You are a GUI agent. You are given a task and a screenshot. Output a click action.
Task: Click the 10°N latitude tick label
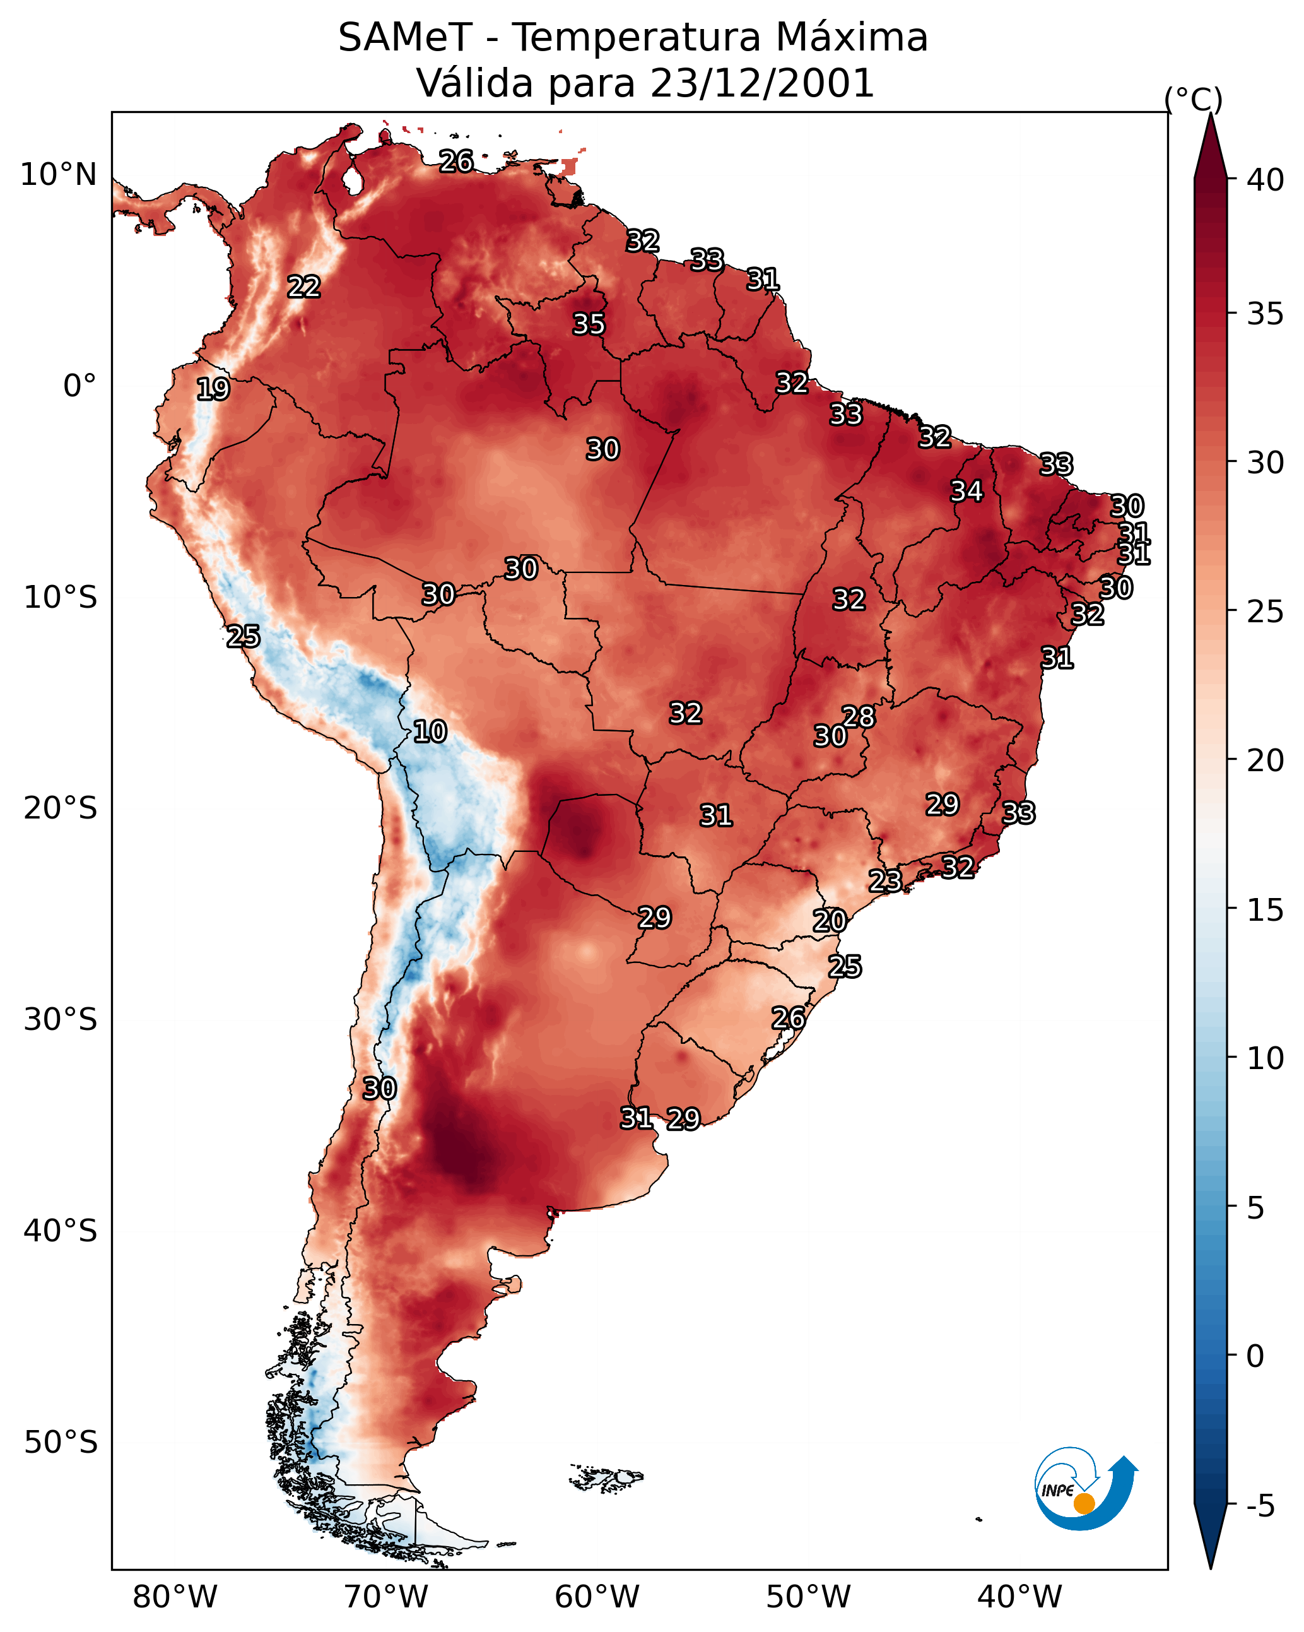[x=58, y=175]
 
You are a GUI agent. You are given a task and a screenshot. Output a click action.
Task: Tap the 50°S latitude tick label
[x=61, y=1442]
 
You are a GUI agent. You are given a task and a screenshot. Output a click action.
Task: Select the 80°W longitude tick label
[x=175, y=1597]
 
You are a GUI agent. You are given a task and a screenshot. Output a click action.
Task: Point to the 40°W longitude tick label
[x=1019, y=1597]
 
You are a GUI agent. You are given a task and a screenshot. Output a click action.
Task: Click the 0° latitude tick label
[x=79, y=386]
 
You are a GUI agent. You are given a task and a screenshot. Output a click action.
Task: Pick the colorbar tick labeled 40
[x=1266, y=180]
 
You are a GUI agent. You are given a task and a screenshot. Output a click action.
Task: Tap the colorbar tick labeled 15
[x=1266, y=910]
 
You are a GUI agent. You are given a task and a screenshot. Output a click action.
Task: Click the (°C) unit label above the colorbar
[x=1194, y=99]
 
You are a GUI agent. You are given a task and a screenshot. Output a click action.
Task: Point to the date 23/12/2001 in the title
[x=761, y=83]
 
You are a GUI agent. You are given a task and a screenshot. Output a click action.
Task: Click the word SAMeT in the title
[x=405, y=38]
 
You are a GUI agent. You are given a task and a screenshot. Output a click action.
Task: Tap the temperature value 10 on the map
[x=430, y=731]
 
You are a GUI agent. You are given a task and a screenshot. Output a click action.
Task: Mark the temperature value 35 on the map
[x=589, y=324]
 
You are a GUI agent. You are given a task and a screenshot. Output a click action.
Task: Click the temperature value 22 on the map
[x=304, y=287]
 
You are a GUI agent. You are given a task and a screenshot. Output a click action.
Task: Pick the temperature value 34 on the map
[x=966, y=491]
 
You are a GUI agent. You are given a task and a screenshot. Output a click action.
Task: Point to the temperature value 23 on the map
[x=884, y=880]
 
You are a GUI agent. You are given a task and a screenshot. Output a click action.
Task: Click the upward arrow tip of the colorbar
[x=1210, y=114]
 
